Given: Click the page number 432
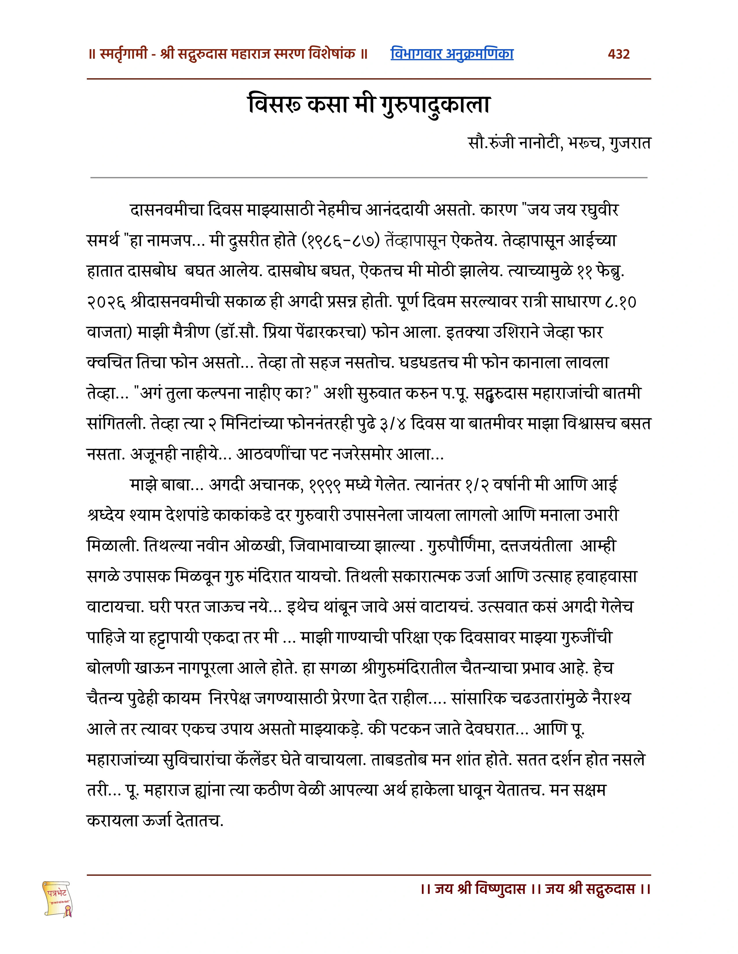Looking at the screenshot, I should pyautogui.click(x=619, y=54).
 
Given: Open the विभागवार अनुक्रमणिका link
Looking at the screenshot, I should pyautogui.click(x=452, y=54).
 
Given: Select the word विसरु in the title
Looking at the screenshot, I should pyautogui.click(x=275, y=105).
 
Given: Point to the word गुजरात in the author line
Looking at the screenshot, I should pyautogui.click(x=630, y=143).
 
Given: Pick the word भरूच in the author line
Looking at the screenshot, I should pyautogui.click(x=585, y=143).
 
